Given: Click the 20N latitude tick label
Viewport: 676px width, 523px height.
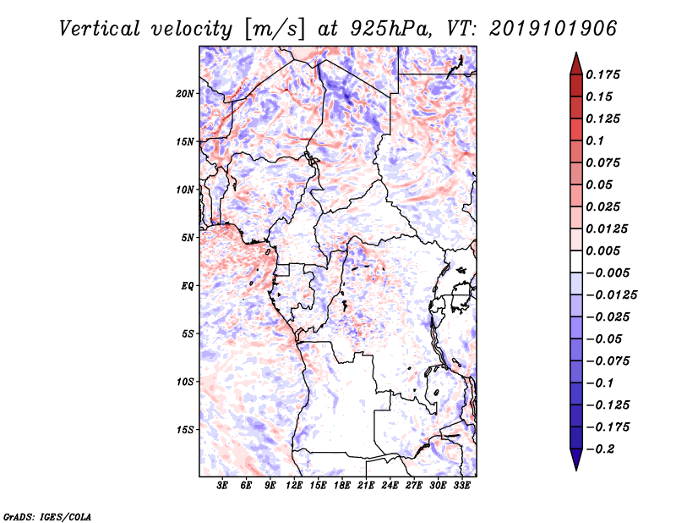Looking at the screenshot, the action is pyautogui.click(x=185, y=94).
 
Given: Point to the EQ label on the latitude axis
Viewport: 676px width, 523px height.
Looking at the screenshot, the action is pyautogui.click(x=188, y=286).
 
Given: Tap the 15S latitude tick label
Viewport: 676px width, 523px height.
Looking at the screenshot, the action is pyautogui.click(x=185, y=430).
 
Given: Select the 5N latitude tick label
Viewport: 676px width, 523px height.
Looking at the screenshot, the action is pyautogui.click(x=188, y=238).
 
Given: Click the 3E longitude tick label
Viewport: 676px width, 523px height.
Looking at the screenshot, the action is pyautogui.click(x=222, y=486).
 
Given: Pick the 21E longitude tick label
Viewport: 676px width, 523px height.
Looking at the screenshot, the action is pyautogui.click(x=366, y=486).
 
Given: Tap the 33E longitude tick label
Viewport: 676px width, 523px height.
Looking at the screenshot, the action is pyautogui.click(x=461, y=486).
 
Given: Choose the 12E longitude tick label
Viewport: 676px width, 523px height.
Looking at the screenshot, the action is pyautogui.click(x=294, y=486).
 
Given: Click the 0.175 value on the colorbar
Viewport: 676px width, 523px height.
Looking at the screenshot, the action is pyautogui.click(x=602, y=74).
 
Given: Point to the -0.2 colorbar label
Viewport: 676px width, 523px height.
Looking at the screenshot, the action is pyautogui.click(x=600, y=449).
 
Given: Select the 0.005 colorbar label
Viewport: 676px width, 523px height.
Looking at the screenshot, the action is pyautogui.click(x=602, y=250).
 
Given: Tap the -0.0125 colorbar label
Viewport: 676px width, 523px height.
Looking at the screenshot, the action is pyautogui.click(x=611, y=295).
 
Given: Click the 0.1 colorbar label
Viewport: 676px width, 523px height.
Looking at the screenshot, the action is pyautogui.click(x=595, y=140).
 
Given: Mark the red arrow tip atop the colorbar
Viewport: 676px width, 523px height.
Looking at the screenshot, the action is pyautogui.click(x=576, y=52).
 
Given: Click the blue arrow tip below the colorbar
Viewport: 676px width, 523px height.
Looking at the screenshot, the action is pyautogui.click(x=576, y=470).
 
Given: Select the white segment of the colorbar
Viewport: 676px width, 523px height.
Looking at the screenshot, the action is pyautogui.click(x=576, y=261).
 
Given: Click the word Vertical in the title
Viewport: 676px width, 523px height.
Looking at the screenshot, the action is pyautogui.click(x=100, y=29).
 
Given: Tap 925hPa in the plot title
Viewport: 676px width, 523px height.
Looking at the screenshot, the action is pyautogui.click(x=390, y=30).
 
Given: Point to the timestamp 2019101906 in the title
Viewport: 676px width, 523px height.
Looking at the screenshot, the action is pyautogui.click(x=553, y=29).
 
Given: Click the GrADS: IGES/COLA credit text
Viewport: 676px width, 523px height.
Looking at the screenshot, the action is pyautogui.click(x=47, y=517).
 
